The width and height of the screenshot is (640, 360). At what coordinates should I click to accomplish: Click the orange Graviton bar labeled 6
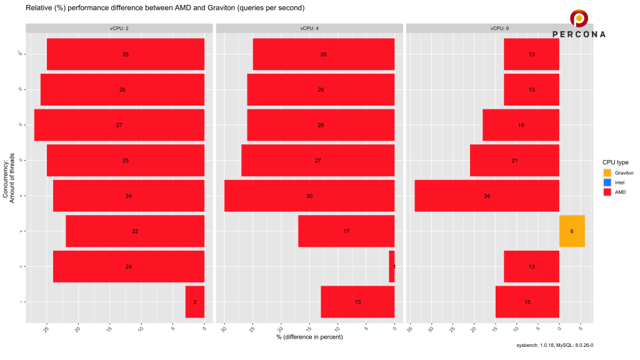(x=572, y=231)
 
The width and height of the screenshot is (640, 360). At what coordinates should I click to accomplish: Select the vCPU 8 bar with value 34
(x=487, y=196)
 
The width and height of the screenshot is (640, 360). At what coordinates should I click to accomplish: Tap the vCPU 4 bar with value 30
(x=309, y=196)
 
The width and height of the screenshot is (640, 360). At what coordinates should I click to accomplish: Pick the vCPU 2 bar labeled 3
(x=195, y=302)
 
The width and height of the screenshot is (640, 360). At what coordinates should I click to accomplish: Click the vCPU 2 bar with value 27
(x=119, y=126)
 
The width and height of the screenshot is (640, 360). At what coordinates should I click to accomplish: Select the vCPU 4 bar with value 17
(x=346, y=231)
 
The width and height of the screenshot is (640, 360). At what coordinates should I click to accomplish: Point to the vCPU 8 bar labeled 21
(x=514, y=161)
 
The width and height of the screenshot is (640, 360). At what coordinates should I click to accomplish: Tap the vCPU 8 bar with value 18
(x=521, y=126)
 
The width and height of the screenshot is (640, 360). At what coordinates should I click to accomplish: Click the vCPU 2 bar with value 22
(x=135, y=231)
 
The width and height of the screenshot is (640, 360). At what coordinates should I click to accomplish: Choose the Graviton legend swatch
(x=607, y=172)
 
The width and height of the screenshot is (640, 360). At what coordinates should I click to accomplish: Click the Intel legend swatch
(x=607, y=182)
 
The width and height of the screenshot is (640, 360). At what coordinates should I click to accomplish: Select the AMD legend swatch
(x=607, y=192)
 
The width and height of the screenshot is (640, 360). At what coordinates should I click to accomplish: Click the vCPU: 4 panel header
(x=309, y=28)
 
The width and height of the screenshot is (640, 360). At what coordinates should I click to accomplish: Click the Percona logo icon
(x=579, y=18)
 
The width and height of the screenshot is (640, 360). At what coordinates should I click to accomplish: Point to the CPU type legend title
(x=615, y=162)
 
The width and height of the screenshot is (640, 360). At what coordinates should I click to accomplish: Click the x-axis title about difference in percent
(x=309, y=337)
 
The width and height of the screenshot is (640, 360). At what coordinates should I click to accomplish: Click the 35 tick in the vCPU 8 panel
(x=411, y=328)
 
